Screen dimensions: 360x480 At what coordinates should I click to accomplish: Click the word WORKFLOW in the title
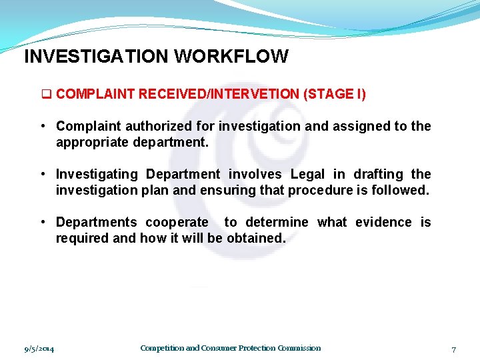pos(231,57)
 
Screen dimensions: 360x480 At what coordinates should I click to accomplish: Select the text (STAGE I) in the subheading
pos(335,94)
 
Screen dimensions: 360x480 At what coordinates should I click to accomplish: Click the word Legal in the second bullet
pos(307,174)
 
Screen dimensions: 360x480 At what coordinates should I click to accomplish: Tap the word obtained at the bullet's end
pos(255,238)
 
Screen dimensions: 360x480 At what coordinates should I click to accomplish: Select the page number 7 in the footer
pos(453,349)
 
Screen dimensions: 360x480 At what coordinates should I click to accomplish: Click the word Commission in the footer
pos(299,348)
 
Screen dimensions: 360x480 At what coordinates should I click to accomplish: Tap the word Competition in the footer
pos(161,348)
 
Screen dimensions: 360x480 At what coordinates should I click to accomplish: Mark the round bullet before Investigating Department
pos(42,174)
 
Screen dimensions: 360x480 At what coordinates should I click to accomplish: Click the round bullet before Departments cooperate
pos(42,222)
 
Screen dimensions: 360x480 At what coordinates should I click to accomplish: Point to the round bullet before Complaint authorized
pos(42,126)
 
